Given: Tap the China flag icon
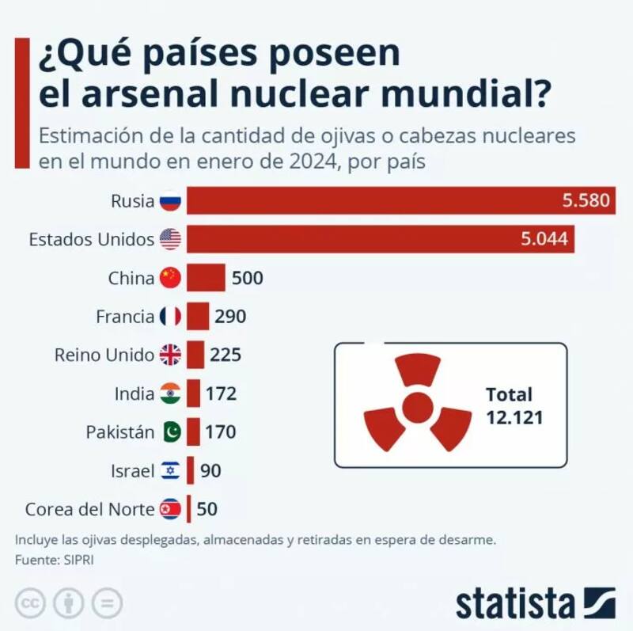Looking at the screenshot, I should [170, 278].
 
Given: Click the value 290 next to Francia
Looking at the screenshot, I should [229, 317].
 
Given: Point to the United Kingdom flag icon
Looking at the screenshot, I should [170, 355].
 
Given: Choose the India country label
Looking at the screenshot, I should [135, 393].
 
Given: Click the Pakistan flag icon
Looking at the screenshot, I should [170, 432].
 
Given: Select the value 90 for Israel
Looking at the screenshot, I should [210, 471].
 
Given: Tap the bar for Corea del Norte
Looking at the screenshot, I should [188, 509].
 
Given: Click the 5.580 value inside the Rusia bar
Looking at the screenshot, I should [586, 201].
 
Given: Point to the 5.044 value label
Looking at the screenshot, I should [544, 239].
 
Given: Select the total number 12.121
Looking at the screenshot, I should [514, 417].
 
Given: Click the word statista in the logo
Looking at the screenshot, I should [514, 604].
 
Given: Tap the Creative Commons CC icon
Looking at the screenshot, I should [30, 604].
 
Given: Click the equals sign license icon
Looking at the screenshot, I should [106, 604].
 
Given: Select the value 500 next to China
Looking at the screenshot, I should [247, 278].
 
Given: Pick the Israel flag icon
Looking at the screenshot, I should [170, 471].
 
